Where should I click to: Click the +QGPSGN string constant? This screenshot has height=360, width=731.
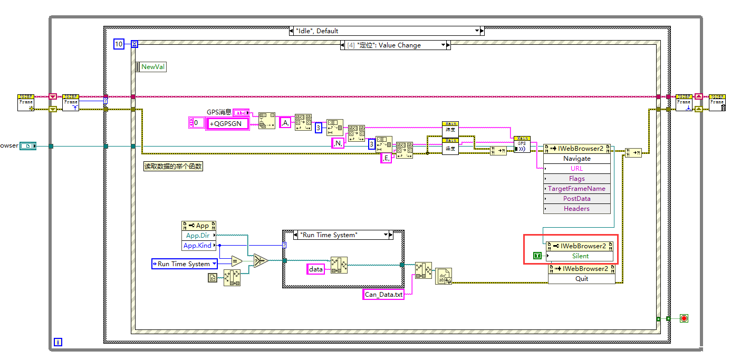226,123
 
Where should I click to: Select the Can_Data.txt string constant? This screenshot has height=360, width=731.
384,295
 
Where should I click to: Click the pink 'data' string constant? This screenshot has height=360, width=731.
315,269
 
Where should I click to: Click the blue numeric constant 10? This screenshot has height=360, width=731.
119,44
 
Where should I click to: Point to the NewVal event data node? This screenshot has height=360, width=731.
151,67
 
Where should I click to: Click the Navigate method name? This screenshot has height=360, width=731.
576,159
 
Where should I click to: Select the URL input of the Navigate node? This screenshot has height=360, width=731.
576,169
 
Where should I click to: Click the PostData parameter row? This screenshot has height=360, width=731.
576,199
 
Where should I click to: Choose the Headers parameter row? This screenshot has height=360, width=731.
576,209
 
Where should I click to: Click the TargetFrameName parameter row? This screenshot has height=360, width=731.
576,189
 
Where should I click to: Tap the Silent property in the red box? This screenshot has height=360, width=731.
580,256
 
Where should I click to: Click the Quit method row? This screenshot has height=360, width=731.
581,279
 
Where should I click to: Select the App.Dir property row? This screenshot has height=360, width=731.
198,236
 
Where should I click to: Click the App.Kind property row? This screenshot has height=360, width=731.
198,246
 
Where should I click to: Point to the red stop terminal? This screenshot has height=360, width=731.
684,318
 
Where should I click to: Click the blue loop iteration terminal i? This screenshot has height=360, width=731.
58,342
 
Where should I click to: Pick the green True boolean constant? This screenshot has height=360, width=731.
537,256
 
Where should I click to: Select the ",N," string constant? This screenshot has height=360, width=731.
338,143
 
